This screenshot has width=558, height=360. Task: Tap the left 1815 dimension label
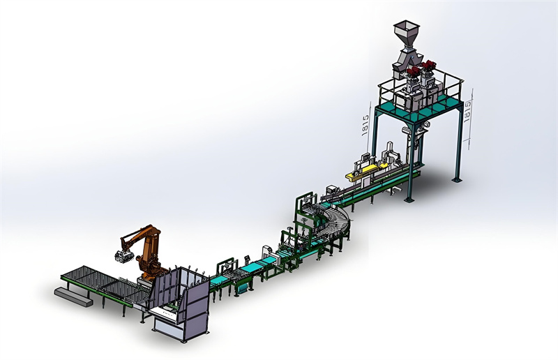point(365,125)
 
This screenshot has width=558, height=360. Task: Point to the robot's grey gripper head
point(123,256)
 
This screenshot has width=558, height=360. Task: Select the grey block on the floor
point(73,297)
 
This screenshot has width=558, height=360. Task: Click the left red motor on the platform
point(413,71)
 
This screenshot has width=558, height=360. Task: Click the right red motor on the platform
point(428,66)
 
